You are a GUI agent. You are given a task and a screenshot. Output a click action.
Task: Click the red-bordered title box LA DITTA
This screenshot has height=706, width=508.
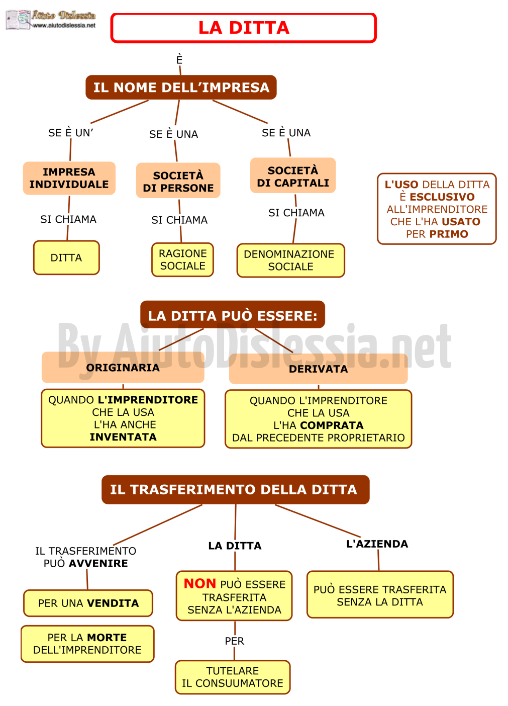[x=244, y=28]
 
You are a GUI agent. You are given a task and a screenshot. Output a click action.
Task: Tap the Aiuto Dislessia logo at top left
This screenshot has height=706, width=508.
[x=51, y=20]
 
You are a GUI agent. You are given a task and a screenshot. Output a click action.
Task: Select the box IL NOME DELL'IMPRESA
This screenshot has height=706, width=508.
[x=181, y=87]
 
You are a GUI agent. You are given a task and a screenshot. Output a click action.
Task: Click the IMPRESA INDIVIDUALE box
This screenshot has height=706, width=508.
[x=69, y=178]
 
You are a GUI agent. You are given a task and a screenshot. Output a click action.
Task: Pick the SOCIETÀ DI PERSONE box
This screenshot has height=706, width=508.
[x=178, y=181]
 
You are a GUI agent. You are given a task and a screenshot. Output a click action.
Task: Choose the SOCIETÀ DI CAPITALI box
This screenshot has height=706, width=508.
[x=293, y=175]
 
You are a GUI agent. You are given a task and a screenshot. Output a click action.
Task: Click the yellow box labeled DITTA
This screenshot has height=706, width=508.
[x=66, y=258]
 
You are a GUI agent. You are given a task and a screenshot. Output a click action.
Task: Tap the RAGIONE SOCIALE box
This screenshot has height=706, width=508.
[x=183, y=259]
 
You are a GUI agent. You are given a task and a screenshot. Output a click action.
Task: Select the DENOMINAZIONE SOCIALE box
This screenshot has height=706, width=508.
[x=291, y=260]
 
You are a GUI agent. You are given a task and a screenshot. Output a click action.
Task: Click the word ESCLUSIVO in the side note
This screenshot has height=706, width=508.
[x=442, y=197]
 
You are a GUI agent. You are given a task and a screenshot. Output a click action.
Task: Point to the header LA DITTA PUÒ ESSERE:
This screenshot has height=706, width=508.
[x=233, y=315]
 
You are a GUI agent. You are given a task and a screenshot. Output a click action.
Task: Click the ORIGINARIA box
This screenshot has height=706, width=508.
[x=123, y=368]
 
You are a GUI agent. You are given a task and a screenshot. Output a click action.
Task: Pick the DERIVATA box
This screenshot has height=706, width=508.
[x=319, y=369]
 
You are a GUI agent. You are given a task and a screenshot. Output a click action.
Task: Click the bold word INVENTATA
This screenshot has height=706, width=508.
[x=123, y=437]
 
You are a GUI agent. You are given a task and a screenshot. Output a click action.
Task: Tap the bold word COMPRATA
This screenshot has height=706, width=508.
[x=332, y=425]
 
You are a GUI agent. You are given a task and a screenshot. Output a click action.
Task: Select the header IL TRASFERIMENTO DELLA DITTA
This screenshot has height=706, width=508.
[x=236, y=490]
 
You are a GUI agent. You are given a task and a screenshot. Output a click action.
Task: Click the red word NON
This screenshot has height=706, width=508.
[x=200, y=584]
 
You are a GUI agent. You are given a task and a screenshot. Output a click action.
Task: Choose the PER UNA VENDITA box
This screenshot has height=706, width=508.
[x=88, y=603]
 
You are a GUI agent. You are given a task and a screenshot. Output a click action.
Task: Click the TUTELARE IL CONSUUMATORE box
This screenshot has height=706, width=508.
[x=233, y=677]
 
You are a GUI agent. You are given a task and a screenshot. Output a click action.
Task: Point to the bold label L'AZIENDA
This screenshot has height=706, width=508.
[x=377, y=544]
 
